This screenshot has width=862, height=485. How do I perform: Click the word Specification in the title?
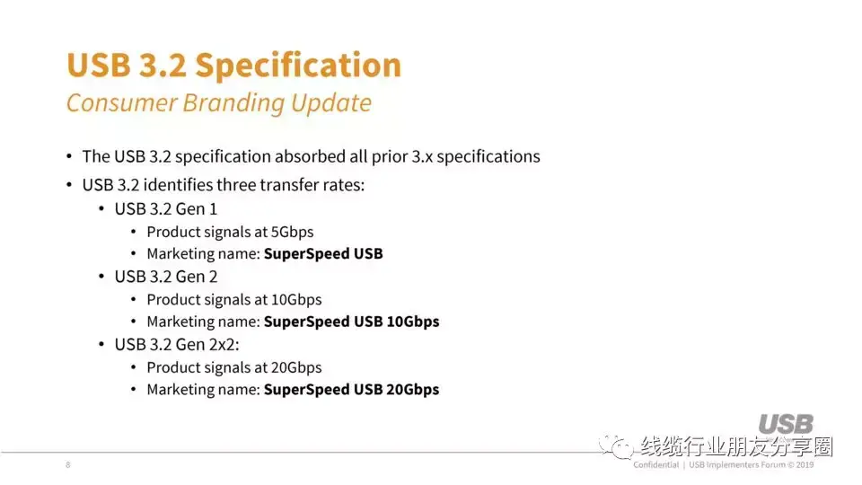tap(298, 66)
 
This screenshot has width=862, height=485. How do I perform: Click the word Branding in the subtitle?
tap(233, 102)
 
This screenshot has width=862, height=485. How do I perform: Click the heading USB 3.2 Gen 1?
tap(166, 209)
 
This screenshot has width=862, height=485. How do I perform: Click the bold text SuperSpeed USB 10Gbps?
tap(351, 322)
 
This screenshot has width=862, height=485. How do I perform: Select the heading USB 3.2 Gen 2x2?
tap(177, 345)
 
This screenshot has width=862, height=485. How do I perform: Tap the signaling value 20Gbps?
tap(296, 367)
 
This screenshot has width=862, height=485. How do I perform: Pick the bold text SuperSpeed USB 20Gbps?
tap(351, 389)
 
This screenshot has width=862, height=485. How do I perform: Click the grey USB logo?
tap(786, 425)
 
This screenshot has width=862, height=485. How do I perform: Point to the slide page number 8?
tap(67, 464)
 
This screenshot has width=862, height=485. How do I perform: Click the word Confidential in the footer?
tap(655, 464)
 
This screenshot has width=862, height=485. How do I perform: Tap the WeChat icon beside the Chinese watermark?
tap(617, 446)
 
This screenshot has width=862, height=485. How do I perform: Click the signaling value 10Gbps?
tap(296, 300)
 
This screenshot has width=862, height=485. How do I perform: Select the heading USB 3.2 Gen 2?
tap(166, 277)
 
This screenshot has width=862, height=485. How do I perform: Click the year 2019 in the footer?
tap(805, 464)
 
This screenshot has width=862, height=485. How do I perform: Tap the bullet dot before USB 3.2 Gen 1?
tap(101, 209)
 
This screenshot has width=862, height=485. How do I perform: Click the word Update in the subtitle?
tap(331, 103)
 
